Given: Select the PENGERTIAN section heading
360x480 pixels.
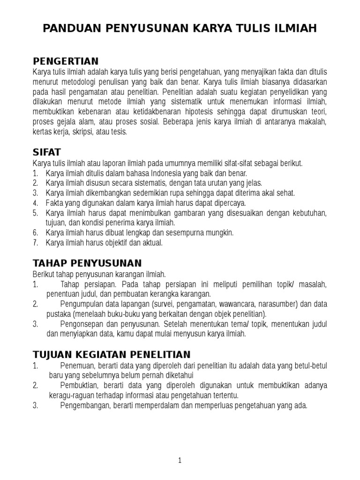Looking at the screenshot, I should pos(66,61).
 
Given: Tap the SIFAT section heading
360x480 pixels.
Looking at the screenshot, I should pos(47,153).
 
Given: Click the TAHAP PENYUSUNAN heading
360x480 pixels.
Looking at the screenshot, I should pos(87,263).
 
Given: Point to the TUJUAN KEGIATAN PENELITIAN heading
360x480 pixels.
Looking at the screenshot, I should pos(112,354).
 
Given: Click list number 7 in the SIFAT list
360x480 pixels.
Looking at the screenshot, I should pos(35,243).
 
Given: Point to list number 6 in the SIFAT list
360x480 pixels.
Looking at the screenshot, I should pos(35,232).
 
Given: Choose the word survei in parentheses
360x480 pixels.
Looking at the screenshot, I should pos(156,304).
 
